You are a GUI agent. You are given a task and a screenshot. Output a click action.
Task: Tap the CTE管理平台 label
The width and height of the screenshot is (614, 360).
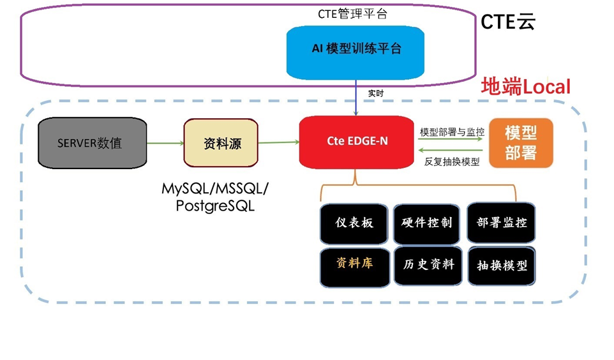(x=352, y=13)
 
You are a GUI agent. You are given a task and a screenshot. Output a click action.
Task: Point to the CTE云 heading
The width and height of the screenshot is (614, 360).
(x=508, y=22)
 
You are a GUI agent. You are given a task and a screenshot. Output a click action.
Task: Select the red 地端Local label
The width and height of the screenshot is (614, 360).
(x=525, y=87)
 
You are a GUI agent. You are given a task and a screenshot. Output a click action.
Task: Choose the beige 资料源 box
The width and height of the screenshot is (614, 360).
(x=221, y=143)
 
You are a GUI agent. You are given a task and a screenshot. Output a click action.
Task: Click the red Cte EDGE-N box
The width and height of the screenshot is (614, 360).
(x=356, y=142)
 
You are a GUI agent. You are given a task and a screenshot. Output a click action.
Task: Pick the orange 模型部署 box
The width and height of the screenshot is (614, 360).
(x=520, y=142)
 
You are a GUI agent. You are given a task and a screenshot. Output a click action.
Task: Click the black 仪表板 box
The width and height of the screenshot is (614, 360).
(x=354, y=223)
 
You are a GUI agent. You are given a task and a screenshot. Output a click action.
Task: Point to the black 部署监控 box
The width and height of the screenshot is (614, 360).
(x=501, y=223)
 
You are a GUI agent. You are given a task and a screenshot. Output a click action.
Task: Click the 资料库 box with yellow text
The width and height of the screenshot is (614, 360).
(x=354, y=264)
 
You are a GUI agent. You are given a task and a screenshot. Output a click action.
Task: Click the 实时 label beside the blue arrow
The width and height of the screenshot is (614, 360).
(x=376, y=93)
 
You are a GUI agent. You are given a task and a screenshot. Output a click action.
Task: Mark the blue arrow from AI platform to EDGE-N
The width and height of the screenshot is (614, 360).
(x=356, y=101)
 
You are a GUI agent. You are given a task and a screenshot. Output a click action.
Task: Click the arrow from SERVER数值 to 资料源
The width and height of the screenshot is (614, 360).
(x=165, y=143)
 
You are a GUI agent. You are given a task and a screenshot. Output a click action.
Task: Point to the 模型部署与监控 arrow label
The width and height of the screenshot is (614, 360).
(x=452, y=132)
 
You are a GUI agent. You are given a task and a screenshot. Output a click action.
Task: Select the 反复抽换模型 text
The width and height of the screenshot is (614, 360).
(x=452, y=161)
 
